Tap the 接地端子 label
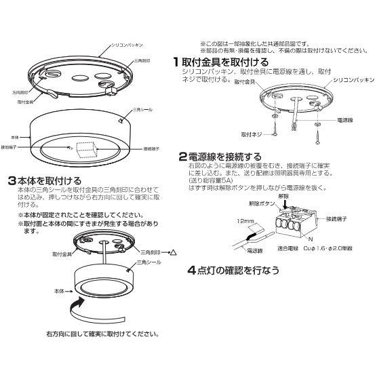[10, 146]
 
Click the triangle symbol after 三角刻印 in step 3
[173, 252]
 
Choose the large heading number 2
[182, 156]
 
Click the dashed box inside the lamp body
[86, 149]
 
